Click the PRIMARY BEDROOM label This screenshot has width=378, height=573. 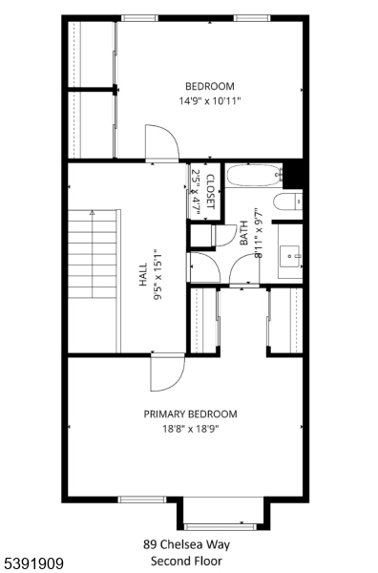[x=190, y=414]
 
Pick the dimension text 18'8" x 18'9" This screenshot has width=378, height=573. [x=190, y=428]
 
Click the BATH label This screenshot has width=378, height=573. [x=244, y=235]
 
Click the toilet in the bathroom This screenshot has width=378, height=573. [x=287, y=202]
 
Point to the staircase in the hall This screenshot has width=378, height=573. [x=93, y=282]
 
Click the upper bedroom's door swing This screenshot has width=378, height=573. [x=162, y=143]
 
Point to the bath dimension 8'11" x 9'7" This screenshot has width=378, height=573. [x=258, y=235]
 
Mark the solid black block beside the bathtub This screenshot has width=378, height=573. [x=294, y=174]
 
